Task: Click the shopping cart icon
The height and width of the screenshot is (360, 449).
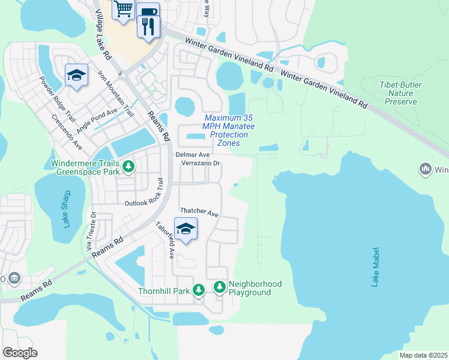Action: pyautogui.click(x=123, y=9)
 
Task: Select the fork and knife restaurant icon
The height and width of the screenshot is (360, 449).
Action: pyautogui.click(x=148, y=26)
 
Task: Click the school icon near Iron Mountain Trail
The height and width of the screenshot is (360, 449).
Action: pyautogui.click(x=76, y=75)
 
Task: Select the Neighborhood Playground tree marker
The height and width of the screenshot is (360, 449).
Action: pyautogui.click(x=220, y=288)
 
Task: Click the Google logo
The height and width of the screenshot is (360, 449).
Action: pyautogui.click(x=20, y=353)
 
